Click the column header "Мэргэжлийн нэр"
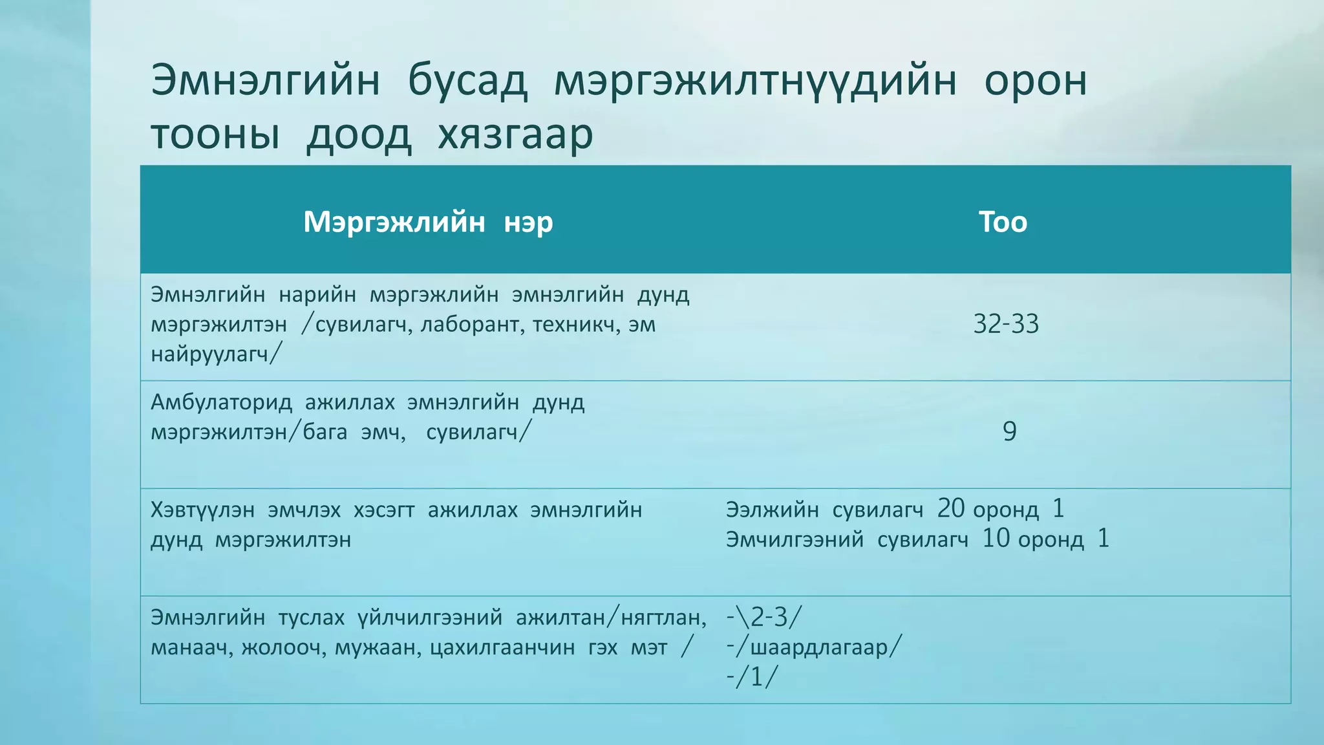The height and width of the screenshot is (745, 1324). tap(428, 222)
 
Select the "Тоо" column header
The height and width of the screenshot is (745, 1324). tap(1003, 222)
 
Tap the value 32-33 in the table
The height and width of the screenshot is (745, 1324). tap(1006, 324)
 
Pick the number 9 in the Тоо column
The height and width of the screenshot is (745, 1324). tap(1009, 431)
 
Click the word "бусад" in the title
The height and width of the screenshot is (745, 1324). tap(467, 81)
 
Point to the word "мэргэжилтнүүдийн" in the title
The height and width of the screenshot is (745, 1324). tap(755, 81)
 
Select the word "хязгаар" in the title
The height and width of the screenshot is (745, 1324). tap(515, 135)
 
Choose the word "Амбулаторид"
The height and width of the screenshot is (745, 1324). tap(221, 402)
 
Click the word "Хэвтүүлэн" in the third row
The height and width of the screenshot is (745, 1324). tap(202, 510)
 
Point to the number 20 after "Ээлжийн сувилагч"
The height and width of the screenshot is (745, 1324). tap(951, 509)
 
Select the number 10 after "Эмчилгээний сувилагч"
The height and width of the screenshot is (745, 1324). tap(996, 539)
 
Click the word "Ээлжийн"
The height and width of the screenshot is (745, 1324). tap(772, 510)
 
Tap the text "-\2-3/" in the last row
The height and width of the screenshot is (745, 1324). tap(763, 618)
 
